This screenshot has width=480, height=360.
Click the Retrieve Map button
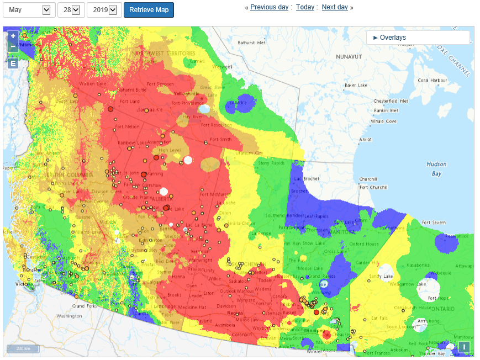[149, 10]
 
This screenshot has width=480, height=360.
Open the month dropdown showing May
[29, 10]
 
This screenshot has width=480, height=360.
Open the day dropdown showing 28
[71, 10]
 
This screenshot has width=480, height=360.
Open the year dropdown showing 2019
[104, 10]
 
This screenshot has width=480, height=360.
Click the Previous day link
[268, 7]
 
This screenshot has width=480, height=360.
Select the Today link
[305, 7]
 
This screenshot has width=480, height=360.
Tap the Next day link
[335, 7]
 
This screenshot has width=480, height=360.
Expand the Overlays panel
[390, 38]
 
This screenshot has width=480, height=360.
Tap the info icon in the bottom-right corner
[464, 347]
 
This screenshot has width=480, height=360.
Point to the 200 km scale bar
[23, 348]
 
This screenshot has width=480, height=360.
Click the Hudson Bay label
[436, 168]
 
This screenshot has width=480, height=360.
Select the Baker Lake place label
[356, 86]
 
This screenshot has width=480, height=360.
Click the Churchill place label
[368, 179]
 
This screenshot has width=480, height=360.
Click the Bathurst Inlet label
[251, 43]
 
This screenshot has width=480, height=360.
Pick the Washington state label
[68, 316]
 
